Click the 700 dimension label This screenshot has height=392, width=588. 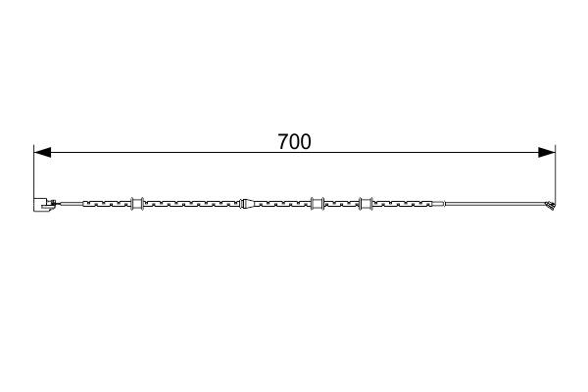[294, 142]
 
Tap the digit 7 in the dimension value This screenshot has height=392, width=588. [283, 142]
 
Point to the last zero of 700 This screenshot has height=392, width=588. [305, 142]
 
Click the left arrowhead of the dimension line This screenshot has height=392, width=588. [42, 152]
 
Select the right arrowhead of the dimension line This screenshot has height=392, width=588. [547, 152]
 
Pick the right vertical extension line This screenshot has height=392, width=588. [556, 174]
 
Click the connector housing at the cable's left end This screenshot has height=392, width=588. [42, 205]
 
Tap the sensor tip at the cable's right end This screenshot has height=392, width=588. [551, 205]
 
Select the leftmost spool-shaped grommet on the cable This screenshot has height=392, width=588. [137, 203]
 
